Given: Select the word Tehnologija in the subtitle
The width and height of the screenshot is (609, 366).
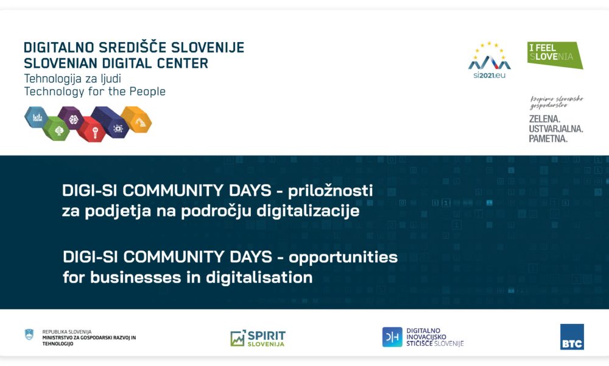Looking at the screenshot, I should click(x=52, y=78).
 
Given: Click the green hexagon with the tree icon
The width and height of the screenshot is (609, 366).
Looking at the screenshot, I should click(x=56, y=129).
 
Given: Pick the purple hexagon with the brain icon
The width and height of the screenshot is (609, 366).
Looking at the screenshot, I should click(x=71, y=118).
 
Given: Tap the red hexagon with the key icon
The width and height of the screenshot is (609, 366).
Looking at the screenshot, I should click(x=91, y=129).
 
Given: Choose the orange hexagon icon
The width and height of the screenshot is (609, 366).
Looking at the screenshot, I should click(x=136, y=120).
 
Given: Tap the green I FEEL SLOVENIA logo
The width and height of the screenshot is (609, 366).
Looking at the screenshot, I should click(x=554, y=55).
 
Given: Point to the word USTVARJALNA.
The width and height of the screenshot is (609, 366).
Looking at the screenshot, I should click(x=556, y=128).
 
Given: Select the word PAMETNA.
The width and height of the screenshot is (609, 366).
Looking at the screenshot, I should click(x=548, y=139).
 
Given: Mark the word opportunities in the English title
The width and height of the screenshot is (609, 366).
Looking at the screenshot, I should click(x=343, y=257).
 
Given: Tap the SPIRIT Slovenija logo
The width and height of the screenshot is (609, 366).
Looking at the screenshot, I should click(x=258, y=338).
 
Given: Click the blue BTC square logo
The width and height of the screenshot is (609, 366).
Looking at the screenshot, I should click(x=572, y=337).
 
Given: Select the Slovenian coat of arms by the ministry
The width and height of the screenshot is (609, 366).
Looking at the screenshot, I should click(x=29, y=334).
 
